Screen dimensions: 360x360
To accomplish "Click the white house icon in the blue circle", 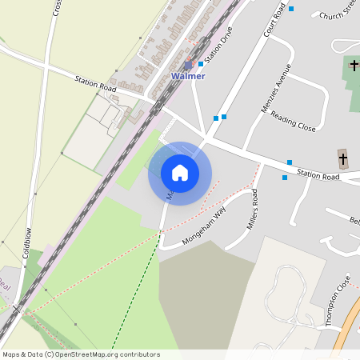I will pos(180,172).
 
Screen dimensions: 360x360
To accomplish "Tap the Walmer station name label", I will pos(188,76).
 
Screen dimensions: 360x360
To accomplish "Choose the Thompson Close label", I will pos(338,303).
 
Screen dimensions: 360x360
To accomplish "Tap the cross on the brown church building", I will pos(343,158).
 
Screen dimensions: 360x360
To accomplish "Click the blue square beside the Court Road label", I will pos(291,9).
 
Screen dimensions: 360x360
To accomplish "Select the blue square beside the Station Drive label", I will pos(200,64).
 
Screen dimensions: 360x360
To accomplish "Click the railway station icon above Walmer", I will pos(188,65).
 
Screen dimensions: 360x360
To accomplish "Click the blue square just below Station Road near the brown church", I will pos(285,178).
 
